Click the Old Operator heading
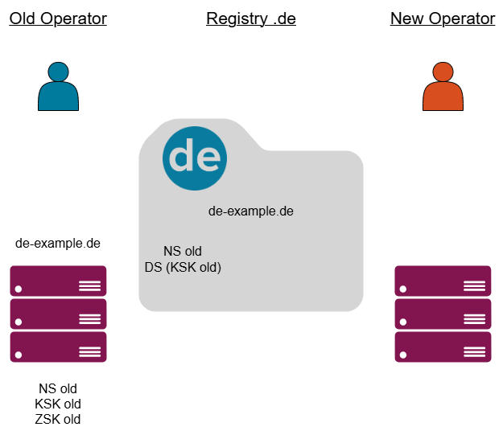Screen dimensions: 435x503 tap(58, 18)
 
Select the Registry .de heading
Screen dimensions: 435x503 tap(251, 18)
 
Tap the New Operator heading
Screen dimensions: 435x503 tap(443, 18)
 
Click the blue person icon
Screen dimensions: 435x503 tap(58, 86)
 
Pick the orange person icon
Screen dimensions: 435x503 tap(443, 86)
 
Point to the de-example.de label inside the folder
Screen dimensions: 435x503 tap(251, 211)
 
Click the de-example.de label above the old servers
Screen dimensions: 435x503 tap(58, 242)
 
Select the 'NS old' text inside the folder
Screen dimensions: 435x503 tap(182, 252)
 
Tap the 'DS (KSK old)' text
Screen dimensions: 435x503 tap(183, 267)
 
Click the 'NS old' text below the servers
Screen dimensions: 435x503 tap(58, 388)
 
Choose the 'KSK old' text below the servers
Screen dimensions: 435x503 tap(58, 404)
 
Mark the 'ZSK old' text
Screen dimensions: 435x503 tap(58, 419)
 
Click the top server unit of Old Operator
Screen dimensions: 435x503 tap(58, 281)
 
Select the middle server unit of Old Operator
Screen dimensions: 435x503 tap(58, 314)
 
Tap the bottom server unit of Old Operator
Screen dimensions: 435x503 tap(58, 347)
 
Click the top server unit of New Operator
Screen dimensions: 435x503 tap(443, 281)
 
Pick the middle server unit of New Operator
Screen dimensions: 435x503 tap(443, 314)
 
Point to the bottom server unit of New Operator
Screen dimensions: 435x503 tap(443, 347)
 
